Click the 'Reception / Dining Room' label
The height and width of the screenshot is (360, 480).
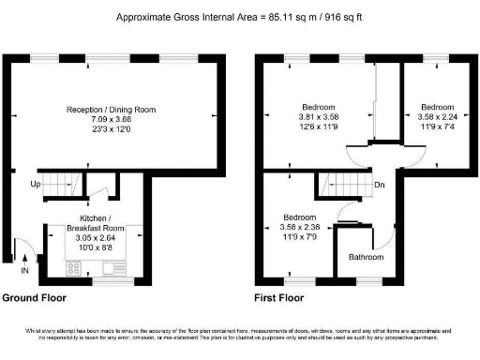pyautogui.click(x=111, y=110)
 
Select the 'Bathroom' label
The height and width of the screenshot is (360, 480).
pyautogui.click(x=366, y=257)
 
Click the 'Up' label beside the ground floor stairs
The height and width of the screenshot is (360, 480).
pyautogui.click(x=35, y=185)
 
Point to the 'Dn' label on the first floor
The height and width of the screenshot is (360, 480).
pyautogui.click(x=379, y=185)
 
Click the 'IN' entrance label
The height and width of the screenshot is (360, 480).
pyautogui.click(x=25, y=271)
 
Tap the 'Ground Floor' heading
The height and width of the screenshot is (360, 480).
pyautogui.click(x=33, y=298)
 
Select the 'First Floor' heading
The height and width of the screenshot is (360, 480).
pyautogui.click(x=279, y=298)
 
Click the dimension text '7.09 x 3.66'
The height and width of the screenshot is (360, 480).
pyautogui.click(x=111, y=119)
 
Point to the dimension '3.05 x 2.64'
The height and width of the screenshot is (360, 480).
pyautogui.click(x=95, y=238)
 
